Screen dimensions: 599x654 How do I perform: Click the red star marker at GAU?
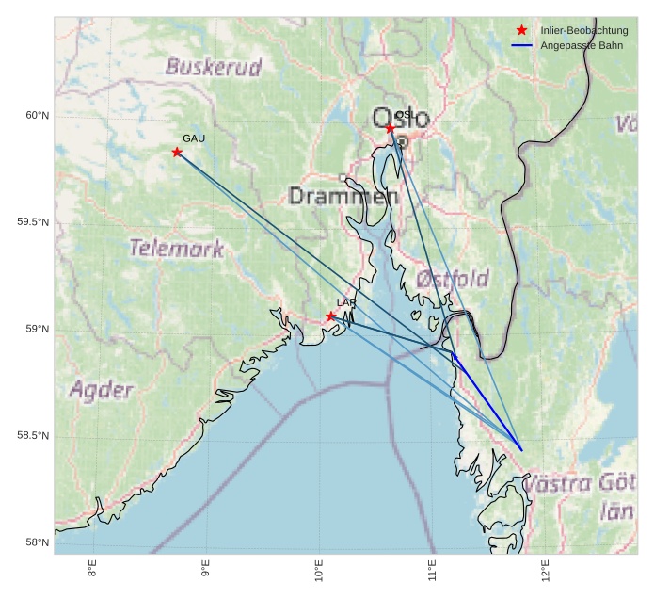177,152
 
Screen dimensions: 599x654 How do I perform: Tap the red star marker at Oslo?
390,127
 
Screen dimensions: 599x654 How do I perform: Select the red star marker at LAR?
331,316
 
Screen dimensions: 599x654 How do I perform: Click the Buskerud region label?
214,66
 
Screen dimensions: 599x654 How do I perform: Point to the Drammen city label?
337,197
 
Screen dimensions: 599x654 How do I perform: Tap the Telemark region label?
177,249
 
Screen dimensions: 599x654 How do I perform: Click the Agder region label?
102,389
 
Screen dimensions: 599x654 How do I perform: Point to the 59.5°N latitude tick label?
33,222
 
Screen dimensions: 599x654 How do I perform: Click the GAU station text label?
194,138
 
